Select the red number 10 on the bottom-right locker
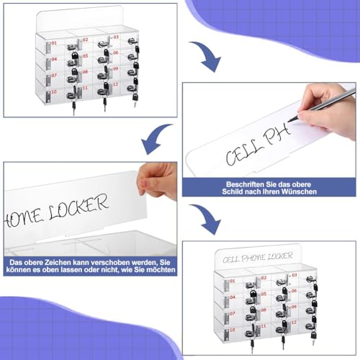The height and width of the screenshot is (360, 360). coord(232,328)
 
